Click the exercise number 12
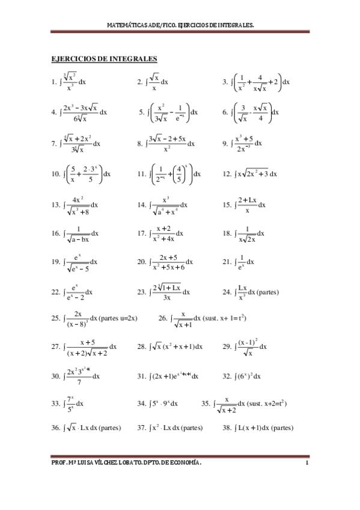227,174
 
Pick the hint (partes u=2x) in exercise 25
119,318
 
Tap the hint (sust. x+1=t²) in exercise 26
225,318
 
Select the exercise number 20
142,262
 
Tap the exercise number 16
56,233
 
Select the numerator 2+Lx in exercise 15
247,199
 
